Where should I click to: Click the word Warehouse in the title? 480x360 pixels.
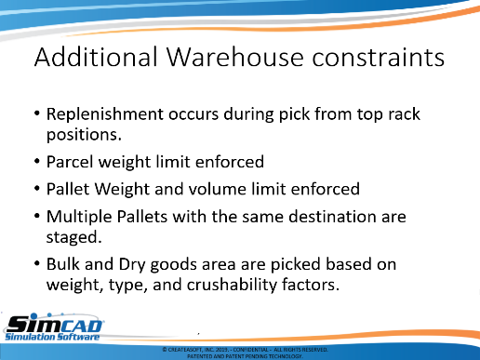[234, 57]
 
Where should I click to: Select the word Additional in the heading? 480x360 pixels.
[96, 56]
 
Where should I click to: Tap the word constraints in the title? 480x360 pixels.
[379, 57]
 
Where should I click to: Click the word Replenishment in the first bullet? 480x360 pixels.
[105, 114]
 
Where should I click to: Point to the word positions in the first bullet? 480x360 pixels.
[84, 135]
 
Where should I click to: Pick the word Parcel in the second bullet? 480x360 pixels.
[70, 162]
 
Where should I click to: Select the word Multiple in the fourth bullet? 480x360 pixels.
[79, 217]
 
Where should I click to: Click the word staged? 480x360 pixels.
[73, 237]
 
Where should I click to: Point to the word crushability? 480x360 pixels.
[232, 285]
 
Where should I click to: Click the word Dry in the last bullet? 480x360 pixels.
[132, 265]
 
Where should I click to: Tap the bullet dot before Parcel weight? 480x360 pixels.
[37, 162]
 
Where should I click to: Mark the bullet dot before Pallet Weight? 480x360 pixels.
[37, 189]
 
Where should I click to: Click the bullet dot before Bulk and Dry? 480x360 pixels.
[37, 264]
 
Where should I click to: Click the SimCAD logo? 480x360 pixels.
[54, 327]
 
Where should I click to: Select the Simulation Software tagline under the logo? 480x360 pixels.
[52, 337]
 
